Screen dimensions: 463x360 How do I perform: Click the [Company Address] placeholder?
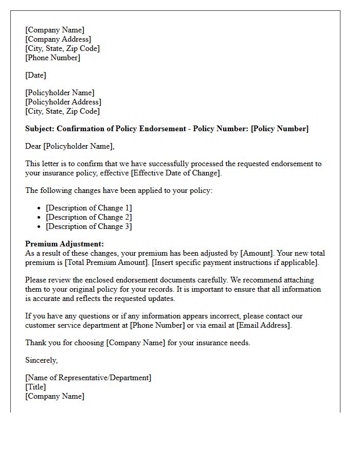58,39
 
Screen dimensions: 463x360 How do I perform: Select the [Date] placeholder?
35,75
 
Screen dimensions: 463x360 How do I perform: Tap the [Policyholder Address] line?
63,102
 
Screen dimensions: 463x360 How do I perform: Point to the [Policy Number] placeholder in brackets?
280,129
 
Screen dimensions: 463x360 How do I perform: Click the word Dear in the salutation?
33,146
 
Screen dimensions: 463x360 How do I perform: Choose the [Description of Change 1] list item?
88,208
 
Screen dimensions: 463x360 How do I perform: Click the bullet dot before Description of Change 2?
40,218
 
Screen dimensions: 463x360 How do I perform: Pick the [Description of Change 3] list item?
88,226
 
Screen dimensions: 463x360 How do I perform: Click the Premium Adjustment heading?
64,244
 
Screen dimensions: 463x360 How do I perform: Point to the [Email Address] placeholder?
263,325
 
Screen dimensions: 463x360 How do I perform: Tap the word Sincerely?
41,360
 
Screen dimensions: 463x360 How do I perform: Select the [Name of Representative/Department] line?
88,378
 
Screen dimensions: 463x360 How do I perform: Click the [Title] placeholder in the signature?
35,387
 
